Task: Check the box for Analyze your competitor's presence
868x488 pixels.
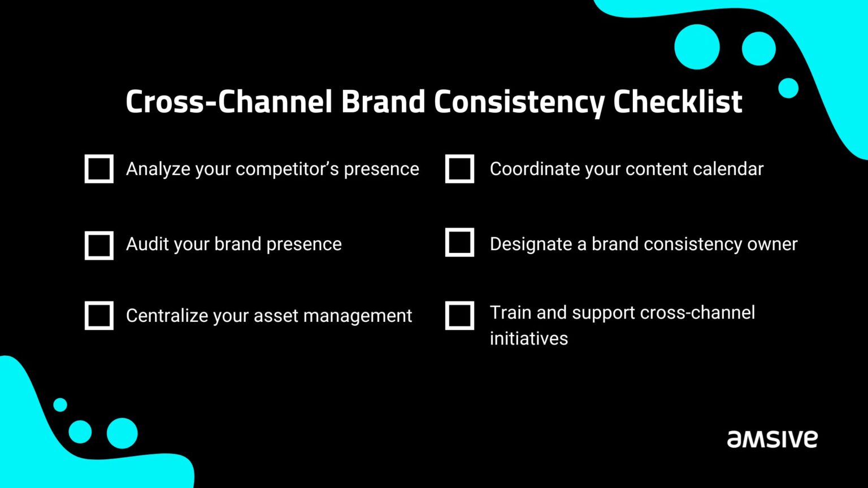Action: tap(99, 169)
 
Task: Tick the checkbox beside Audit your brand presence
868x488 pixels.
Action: tap(99, 245)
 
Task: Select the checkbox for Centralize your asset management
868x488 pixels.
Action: tap(99, 315)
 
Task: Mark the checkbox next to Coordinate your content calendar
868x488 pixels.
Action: tap(459, 169)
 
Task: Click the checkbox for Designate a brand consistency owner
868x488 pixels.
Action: tap(459, 242)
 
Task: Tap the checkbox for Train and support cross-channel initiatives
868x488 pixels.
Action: tap(459, 315)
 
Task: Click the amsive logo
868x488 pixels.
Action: tap(772, 439)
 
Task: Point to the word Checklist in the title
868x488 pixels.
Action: tap(678, 102)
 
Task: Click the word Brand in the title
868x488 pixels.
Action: tap(383, 102)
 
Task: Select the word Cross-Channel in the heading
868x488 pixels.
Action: tap(229, 102)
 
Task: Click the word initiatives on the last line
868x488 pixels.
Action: tap(528, 338)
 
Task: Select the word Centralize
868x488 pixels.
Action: tap(167, 315)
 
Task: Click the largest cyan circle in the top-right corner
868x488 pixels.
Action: tap(697, 47)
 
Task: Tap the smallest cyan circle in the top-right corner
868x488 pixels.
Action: tap(788, 88)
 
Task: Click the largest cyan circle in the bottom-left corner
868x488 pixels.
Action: tap(122, 433)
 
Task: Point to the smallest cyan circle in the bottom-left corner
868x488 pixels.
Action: tap(60, 404)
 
